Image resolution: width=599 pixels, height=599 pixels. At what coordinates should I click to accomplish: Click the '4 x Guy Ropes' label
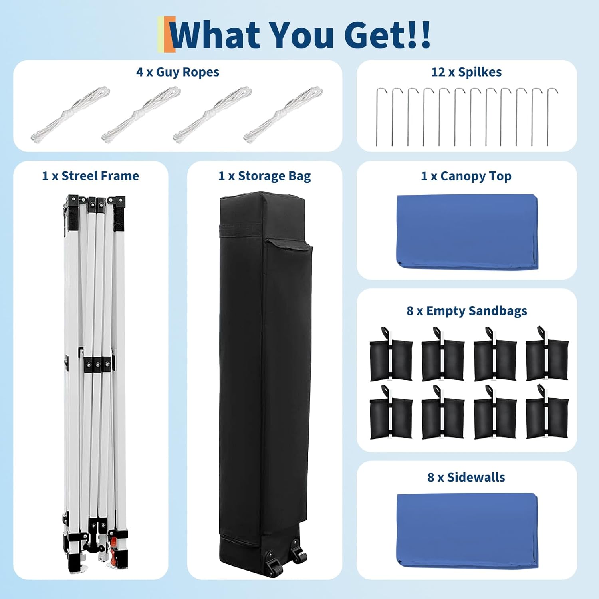click(x=178, y=72)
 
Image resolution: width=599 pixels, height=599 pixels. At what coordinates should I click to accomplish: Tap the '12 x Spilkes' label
click(x=466, y=72)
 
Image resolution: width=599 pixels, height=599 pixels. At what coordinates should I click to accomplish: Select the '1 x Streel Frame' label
click(x=91, y=176)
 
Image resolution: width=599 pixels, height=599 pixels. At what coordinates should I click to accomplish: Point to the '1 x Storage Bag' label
click(x=265, y=176)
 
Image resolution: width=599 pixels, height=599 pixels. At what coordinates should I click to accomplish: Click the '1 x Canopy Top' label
click(x=466, y=176)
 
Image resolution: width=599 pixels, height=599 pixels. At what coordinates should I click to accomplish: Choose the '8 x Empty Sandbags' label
click(x=467, y=311)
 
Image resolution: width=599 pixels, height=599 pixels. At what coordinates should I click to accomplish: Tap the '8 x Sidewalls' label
click(x=466, y=477)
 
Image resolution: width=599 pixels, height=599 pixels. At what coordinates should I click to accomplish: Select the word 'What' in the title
click(x=216, y=35)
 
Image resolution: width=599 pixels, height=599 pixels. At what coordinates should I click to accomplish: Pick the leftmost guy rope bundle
click(x=70, y=114)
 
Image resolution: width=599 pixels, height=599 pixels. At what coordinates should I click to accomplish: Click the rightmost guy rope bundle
click(x=283, y=114)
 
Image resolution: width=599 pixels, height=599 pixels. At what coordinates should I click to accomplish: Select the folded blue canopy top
click(x=467, y=232)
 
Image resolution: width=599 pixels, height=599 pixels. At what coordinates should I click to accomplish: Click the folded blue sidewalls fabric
click(x=467, y=531)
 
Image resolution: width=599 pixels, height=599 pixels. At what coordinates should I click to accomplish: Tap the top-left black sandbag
click(x=391, y=355)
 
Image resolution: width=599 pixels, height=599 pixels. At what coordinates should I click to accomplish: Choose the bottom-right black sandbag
click(x=547, y=413)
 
